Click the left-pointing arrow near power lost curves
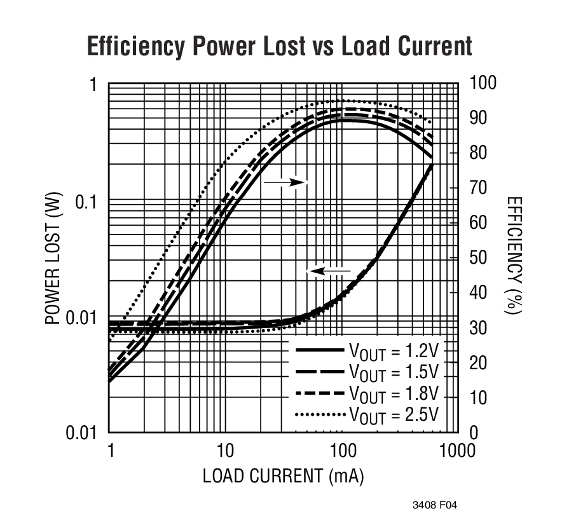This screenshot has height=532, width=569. point(329,271)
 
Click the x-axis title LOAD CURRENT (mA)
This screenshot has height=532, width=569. point(283,477)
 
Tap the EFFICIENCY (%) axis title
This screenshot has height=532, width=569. point(514,255)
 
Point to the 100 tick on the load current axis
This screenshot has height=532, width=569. point(341,451)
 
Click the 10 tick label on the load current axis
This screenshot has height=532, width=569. point(225,451)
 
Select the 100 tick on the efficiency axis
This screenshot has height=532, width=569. point(481,83)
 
